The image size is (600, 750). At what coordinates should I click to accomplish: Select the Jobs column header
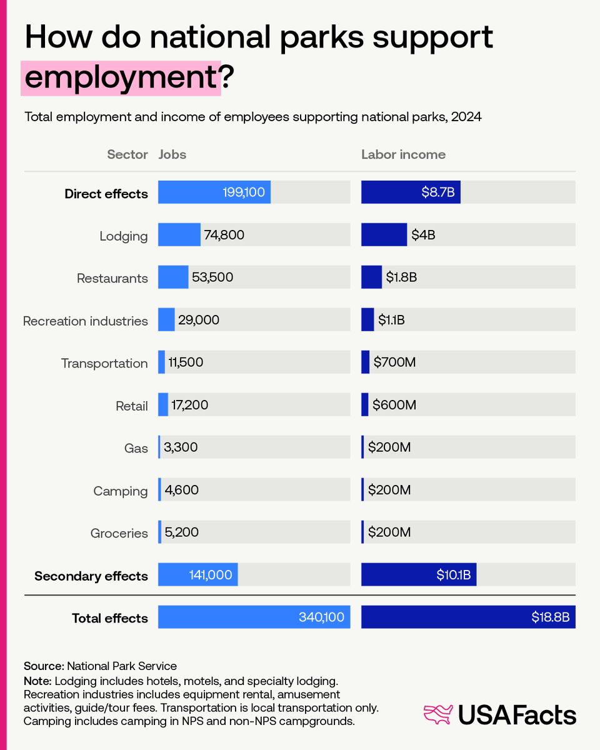click(172, 154)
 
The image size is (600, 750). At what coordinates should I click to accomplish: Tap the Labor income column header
click(403, 154)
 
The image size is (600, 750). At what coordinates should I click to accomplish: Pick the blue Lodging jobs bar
click(179, 235)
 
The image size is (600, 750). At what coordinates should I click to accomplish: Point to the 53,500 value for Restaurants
click(212, 277)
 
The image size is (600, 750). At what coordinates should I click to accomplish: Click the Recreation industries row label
click(86, 321)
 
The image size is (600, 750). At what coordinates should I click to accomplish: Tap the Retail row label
click(132, 406)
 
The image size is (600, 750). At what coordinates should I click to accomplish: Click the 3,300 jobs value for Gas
click(181, 447)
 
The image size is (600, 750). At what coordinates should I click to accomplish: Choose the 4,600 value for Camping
click(181, 489)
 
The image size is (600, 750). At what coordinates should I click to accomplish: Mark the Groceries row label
click(119, 534)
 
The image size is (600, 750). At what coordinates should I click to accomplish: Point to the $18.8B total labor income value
click(551, 617)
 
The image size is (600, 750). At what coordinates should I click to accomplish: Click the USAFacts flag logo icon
click(437, 715)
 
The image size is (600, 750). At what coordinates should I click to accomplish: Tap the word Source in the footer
click(44, 666)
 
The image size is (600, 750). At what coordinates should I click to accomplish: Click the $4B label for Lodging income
click(422, 235)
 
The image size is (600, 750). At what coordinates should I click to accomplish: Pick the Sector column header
click(127, 154)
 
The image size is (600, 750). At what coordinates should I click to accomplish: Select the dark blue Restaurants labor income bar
click(371, 277)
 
